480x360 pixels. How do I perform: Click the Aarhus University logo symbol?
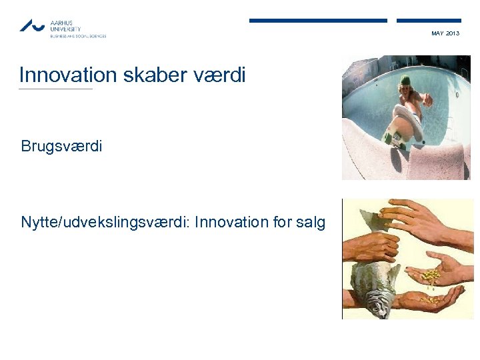[32, 25]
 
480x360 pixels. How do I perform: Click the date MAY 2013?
[445, 33]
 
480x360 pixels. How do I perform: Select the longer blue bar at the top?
[318, 21]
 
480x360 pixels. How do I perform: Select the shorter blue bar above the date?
[429, 21]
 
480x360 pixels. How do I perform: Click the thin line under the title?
[56, 89]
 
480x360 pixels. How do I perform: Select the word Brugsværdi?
[61, 146]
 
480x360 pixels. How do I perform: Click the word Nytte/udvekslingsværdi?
[105, 222]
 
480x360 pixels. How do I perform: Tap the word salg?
[310, 222]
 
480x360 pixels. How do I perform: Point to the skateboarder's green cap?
[405, 81]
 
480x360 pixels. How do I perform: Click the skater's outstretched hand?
[427, 100]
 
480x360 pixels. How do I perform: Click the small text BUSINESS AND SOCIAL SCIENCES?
[78, 36]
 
